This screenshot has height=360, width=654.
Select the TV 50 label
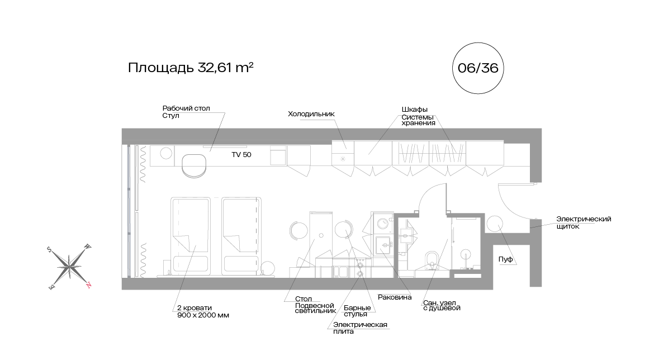coord(241,155)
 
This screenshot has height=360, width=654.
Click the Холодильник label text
coord(311,114)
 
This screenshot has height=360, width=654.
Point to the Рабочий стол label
coord(186,108)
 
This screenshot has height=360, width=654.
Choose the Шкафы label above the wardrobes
coord(415,109)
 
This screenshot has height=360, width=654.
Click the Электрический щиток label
coord(583,222)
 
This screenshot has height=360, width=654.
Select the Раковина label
coord(395,297)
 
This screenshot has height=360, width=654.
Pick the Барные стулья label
coord(356,311)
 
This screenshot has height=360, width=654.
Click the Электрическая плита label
coord(360,328)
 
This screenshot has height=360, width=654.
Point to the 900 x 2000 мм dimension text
coord(203,315)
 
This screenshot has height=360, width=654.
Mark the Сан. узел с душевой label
coord(442,305)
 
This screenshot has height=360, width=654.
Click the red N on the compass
coord(88,285)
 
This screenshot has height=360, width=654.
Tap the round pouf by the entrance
coord(495,224)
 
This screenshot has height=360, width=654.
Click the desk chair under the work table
coord(194,165)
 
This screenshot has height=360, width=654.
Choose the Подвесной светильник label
coord(315,308)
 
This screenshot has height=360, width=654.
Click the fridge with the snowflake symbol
coord(343,159)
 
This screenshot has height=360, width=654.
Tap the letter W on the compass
coord(87,246)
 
